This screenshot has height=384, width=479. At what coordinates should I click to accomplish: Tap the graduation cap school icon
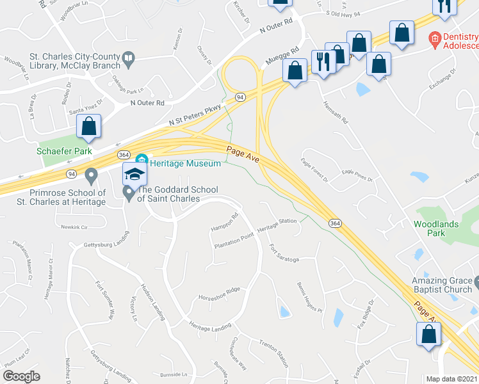point(134,174)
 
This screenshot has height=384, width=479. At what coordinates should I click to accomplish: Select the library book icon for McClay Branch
point(129,60)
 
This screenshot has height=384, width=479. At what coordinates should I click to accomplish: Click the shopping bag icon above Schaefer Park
point(88,126)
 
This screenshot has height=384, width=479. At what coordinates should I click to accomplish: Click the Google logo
point(22,376)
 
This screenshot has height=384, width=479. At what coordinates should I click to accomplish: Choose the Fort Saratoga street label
point(284,254)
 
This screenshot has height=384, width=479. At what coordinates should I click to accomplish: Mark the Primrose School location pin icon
point(91,174)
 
